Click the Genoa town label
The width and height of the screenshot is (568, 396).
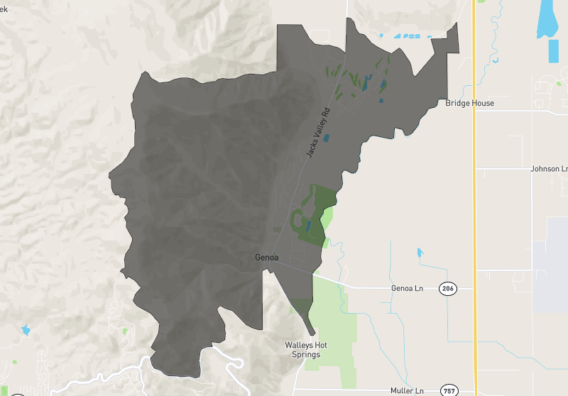tap(266, 258)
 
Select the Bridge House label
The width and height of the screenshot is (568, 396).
tap(469, 103)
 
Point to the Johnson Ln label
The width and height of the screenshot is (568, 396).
tap(549, 169)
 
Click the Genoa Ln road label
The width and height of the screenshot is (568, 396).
tap(407, 289)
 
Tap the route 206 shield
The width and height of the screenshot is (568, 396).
tap(447, 288)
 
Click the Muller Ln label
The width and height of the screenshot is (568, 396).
tap(407, 390)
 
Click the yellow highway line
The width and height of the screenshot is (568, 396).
tap(474, 213)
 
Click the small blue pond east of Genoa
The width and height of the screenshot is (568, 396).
tap(420, 251)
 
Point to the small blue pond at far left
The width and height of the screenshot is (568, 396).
tap(26, 329)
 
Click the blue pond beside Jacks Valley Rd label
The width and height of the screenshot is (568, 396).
tap(326, 138)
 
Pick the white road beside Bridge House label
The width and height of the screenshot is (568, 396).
tap(518, 111)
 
